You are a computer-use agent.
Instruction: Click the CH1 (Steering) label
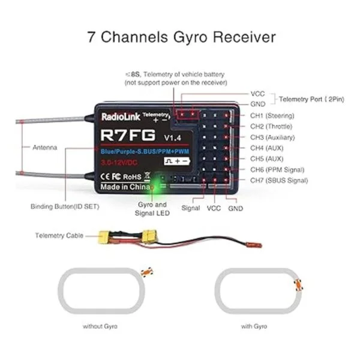pos(272,115)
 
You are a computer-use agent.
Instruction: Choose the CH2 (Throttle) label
pos(272,126)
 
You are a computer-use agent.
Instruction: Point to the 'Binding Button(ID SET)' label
pos(65,206)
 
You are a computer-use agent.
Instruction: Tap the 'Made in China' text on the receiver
pos(122,186)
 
